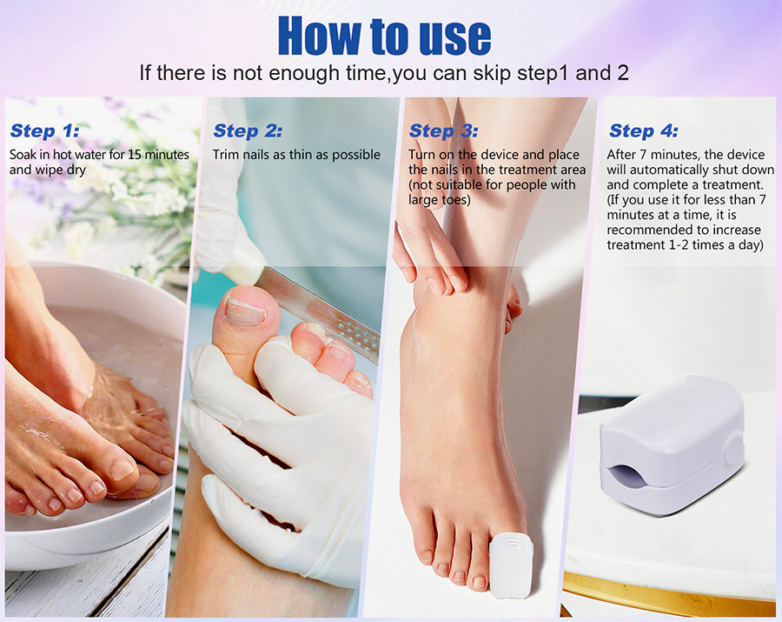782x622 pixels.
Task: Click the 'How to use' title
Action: tap(384, 35)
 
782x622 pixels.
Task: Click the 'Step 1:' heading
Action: tap(44, 130)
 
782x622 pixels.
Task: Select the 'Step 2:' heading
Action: tap(248, 130)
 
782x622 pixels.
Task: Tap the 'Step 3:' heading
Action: tap(443, 130)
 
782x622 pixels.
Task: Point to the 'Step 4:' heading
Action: tap(643, 130)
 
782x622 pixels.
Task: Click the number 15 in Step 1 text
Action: tap(135, 155)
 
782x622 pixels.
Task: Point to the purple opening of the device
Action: tap(625, 475)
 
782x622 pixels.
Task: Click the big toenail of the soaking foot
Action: tap(123, 470)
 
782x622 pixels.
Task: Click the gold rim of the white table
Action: tap(668, 594)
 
